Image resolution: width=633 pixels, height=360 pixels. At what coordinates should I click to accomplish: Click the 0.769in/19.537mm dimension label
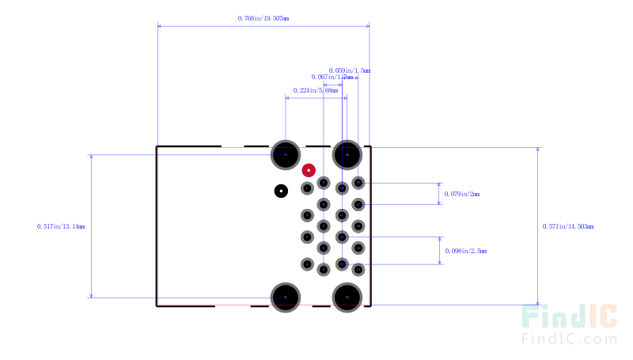(x=263, y=17)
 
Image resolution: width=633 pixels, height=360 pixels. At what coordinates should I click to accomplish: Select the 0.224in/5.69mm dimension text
(x=316, y=90)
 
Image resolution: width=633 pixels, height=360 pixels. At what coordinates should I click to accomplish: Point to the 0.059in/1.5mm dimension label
(x=349, y=70)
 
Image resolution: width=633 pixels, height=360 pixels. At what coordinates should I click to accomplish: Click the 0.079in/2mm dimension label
(x=462, y=193)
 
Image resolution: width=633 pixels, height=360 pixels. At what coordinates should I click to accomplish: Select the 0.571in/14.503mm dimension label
(x=568, y=226)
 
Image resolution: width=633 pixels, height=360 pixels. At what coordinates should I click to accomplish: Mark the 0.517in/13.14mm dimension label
(x=61, y=226)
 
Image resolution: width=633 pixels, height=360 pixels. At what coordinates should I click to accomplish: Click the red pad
(x=309, y=169)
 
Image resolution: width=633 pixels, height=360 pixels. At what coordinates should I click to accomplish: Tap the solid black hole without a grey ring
(x=281, y=191)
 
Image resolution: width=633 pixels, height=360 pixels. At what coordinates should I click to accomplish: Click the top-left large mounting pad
(x=286, y=154)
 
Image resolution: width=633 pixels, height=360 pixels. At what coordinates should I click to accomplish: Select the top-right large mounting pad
(x=347, y=154)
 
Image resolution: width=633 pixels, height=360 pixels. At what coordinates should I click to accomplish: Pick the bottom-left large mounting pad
(x=286, y=297)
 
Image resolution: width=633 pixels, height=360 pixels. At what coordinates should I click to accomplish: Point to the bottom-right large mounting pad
(x=347, y=297)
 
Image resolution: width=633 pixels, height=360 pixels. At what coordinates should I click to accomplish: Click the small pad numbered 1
(x=358, y=184)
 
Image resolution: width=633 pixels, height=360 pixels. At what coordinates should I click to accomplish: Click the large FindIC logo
(x=569, y=317)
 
